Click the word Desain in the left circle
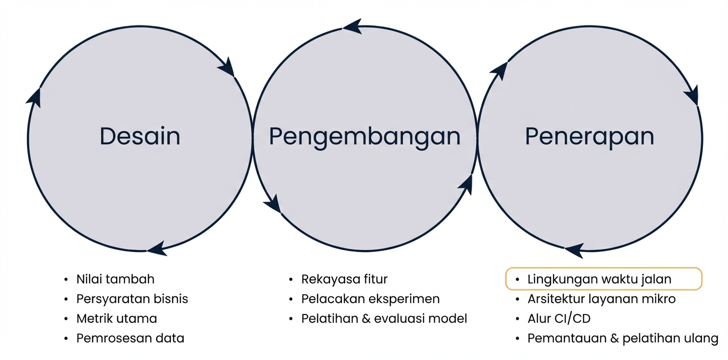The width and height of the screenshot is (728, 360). point(139,136)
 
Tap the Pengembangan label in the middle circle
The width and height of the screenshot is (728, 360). point(364,136)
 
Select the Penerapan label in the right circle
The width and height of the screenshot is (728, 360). point(589,136)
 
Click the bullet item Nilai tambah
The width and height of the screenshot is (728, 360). point(115,279)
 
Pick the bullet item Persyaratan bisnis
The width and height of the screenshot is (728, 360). point(132,299)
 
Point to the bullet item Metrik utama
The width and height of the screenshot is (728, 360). point(116,318)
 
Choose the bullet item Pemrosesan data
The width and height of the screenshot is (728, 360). point(130,338)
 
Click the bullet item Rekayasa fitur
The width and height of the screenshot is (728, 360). point(344,279)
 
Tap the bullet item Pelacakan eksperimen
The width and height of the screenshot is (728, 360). point(370,299)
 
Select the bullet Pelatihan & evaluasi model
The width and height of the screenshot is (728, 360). point(383,318)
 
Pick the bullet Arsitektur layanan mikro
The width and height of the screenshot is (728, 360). point(601,299)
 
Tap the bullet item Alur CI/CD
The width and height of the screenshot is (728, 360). point(559,318)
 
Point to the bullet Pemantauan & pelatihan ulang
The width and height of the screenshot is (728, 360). point(622,338)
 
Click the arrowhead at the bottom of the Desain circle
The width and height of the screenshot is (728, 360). point(156,248)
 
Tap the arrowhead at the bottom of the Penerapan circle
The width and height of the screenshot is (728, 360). point(574,249)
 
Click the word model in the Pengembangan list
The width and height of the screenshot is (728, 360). point(451,318)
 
